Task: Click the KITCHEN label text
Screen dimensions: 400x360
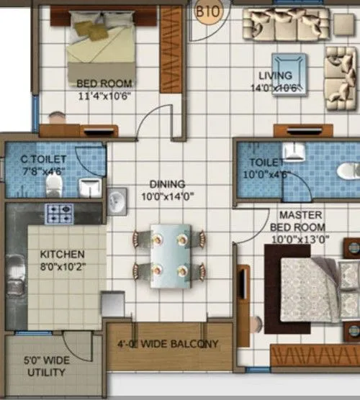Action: (62, 255)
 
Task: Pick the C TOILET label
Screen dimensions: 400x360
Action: (44, 159)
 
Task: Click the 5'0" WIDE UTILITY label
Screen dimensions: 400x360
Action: (45, 366)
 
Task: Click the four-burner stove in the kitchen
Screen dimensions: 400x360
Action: (60, 214)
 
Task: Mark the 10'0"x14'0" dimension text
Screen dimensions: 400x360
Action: (168, 196)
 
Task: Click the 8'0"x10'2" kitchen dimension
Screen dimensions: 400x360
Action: (62, 266)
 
